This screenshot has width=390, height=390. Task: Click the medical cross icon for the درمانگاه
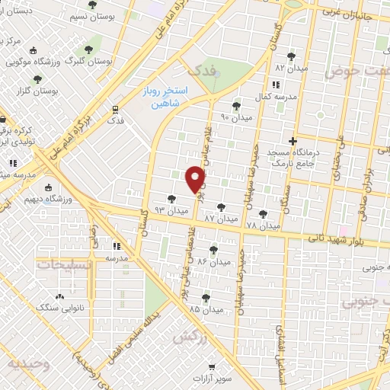(x=293, y=141)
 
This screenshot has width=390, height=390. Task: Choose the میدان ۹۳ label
(x=171, y=209)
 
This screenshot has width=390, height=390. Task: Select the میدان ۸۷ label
(x=220, y=219)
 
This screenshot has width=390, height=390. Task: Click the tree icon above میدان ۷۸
(x=264, y=214)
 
